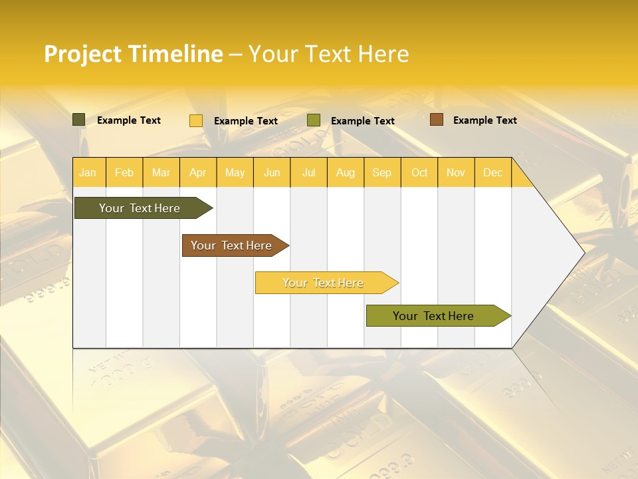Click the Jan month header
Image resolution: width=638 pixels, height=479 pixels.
tap(88, 172)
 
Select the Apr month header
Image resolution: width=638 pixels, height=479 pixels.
tap(197, 172)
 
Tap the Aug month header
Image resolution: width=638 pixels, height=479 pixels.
tap(345, 172)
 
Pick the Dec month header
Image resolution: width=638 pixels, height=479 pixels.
tap(492, 172)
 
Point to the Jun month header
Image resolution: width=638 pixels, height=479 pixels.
tap(272, 172)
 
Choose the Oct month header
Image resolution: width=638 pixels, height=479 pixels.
tap(419, 172)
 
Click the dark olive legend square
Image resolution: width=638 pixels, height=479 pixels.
tap(79, 120)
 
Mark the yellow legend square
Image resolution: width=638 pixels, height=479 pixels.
tap(196, 120)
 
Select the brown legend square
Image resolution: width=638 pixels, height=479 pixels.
tap(436, 120)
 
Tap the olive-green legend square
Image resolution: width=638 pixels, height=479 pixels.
tap(314, 120)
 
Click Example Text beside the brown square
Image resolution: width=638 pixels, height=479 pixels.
tap(484, 120)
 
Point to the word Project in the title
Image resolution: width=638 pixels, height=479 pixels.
tap(82, 55)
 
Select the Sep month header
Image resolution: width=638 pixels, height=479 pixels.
tap(381, 172)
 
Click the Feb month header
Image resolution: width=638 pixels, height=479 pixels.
tap(124, 172)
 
